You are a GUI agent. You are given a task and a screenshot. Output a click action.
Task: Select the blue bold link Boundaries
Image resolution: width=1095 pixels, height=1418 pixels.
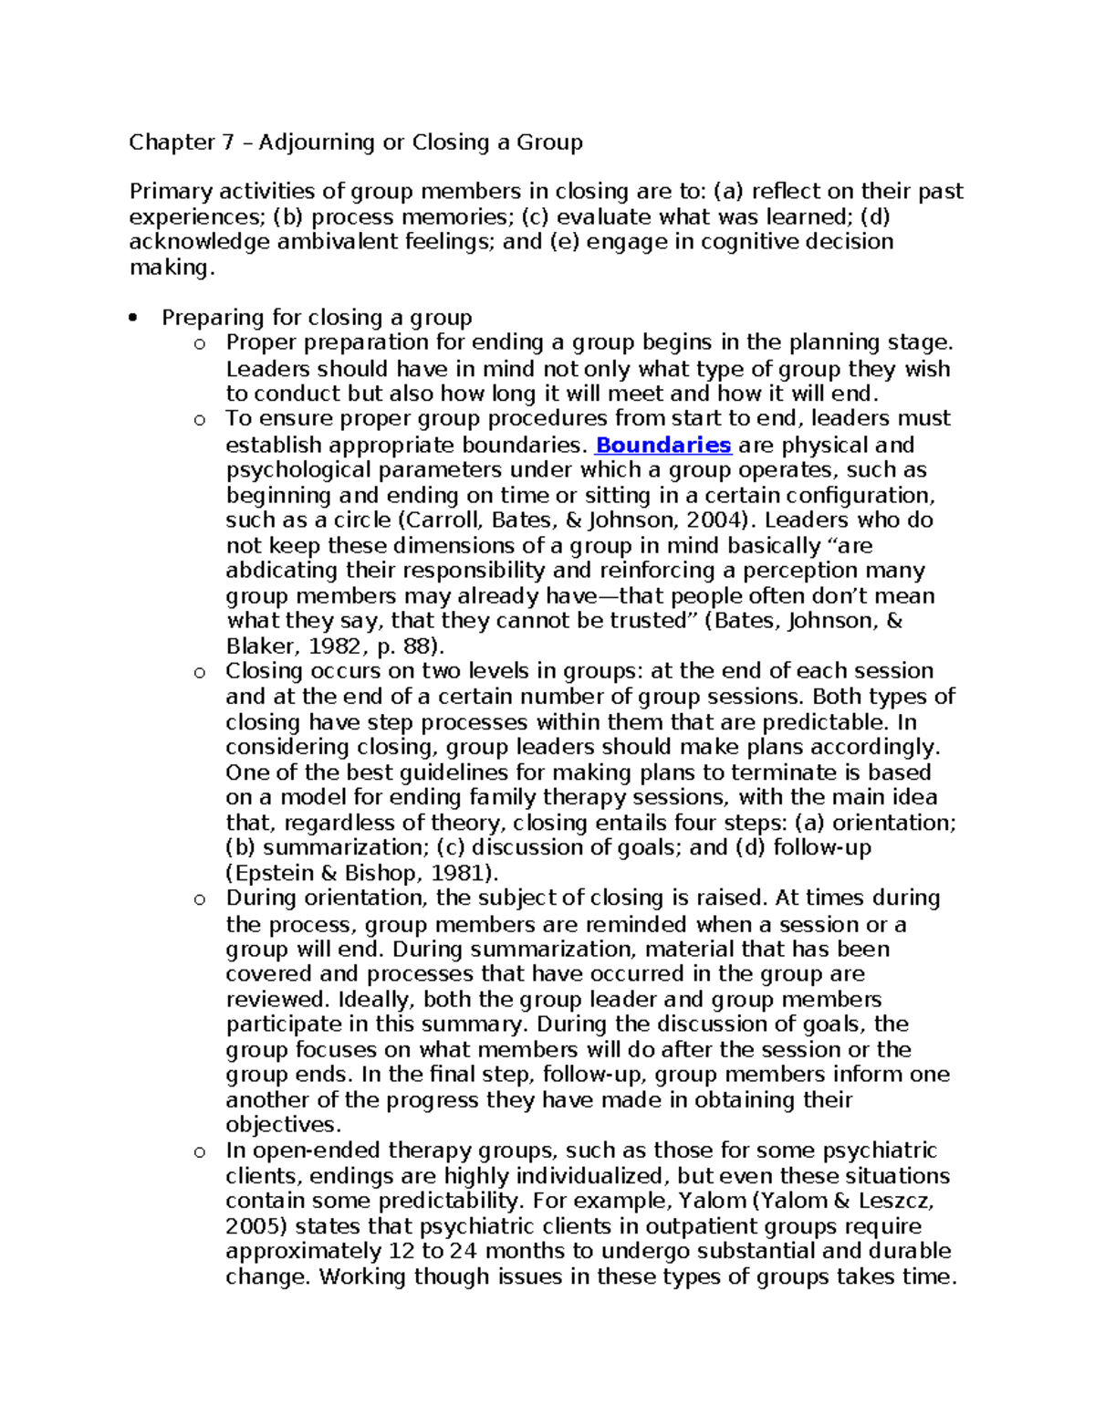click(662, 445)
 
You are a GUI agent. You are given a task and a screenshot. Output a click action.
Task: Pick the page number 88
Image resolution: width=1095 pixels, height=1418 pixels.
click(419, 646)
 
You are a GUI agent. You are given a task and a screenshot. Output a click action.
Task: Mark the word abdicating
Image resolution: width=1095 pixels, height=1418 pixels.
click(282, 571)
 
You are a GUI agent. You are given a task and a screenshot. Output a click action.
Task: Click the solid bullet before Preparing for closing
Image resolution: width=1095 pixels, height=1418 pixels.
click(134, 319)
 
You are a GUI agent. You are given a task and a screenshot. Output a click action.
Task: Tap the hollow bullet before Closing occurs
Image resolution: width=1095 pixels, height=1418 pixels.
click(199, 673)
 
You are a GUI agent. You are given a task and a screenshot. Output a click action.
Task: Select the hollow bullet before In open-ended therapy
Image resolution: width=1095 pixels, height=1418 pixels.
click(199, 1151)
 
